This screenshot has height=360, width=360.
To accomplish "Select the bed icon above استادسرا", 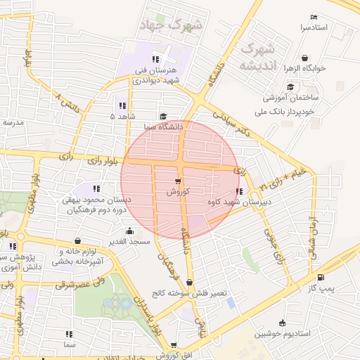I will (314, 17).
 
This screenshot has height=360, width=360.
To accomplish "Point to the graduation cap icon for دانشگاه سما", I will (164, 117).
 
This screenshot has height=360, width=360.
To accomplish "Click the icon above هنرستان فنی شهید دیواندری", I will (155, 59).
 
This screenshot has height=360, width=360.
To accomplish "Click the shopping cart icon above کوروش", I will (167, 181).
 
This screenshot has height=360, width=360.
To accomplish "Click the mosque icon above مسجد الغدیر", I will (129, 231).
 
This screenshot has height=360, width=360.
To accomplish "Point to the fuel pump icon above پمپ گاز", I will (321, 278).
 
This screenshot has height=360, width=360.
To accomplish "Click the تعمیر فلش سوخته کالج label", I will (186, 292).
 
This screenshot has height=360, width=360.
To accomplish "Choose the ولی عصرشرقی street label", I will (59, 285).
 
